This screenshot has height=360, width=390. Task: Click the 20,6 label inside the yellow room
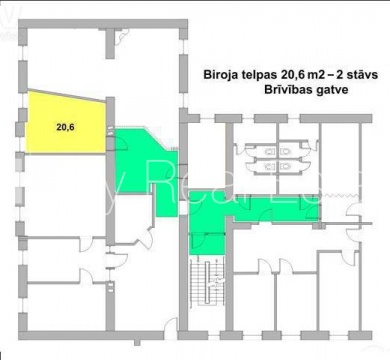[x=65, y=127]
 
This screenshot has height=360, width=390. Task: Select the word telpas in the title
[x=257, y=75]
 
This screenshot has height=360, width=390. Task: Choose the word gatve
[x=331, y=90]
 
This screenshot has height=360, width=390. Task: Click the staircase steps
[x=207, y=281]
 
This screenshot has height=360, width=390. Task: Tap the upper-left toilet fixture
[x=270, y=152]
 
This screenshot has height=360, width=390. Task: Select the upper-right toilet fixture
[x=286, y=152]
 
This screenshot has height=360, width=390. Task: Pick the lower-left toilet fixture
[x=270, y=166]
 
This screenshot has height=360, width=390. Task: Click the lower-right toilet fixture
[x=286, y=166]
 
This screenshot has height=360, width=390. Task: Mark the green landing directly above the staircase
[x=207, y=244]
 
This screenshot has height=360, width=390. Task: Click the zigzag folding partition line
[x=341, y=194]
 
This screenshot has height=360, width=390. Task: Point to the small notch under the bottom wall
[x=137, y=342]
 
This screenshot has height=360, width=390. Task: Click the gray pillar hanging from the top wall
[x=110, y=44]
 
